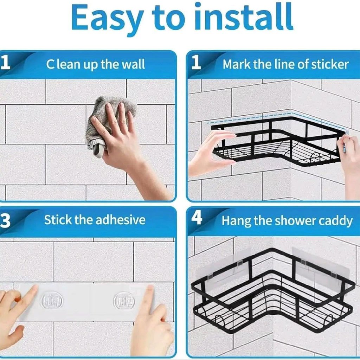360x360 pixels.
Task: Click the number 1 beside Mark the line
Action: (x=196, y=63)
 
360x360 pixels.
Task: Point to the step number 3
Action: (x=5, y=221)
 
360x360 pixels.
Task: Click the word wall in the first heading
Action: (x=133, y=65)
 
